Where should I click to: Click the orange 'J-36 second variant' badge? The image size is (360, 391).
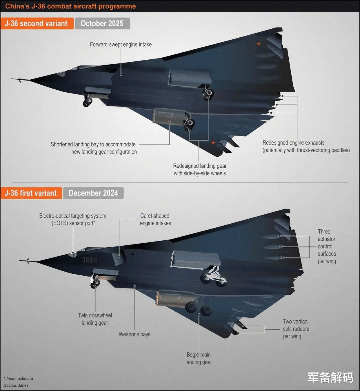[x=37, y=23]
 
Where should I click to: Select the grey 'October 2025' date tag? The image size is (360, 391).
[x=102, y=23]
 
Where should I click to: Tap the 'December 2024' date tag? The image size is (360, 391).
[x=93, y=193]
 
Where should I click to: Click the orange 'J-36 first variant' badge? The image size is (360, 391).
[x=31, y=193]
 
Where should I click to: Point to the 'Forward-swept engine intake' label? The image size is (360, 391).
[x=121, y=44]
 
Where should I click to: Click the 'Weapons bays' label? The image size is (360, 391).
[x=134, y=334]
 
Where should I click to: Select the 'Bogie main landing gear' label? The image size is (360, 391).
[x=199, y=358]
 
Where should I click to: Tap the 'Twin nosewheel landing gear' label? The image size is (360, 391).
[x=95, y=319]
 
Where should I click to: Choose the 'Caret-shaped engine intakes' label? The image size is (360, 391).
[x=155, y=219]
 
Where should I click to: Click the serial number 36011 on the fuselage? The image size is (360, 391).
[x=89, y=260]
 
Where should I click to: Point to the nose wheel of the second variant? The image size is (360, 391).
[x=87, y=102]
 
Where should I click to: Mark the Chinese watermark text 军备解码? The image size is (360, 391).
[x=330, y=377]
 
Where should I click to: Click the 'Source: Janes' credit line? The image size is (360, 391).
[x=16, y=385]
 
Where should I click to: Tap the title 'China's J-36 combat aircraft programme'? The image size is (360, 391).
[x=70, y=6]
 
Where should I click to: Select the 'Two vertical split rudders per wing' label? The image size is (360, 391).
[x=296, y=329]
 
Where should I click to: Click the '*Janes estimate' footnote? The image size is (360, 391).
[x=18, y=379]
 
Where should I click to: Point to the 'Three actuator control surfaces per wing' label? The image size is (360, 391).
[x=327, y=246]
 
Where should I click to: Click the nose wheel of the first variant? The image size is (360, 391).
[x=95, y=284]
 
